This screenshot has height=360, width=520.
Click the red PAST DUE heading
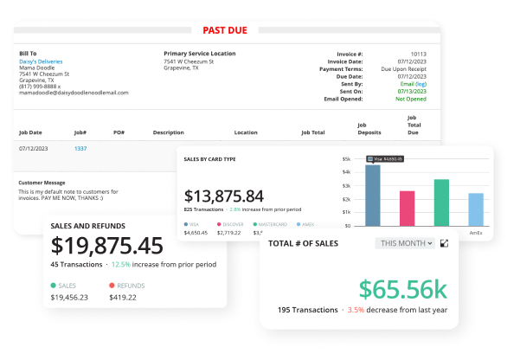coord(224,30)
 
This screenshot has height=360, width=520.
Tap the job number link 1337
coord(80,149)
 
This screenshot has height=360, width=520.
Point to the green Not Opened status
coord(411,99)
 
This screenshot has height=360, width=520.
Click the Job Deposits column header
coord(369,129)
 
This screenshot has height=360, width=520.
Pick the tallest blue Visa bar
coord(373,196)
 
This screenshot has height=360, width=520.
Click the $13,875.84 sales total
coord(224,196)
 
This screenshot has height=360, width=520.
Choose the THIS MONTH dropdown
coord(405,244)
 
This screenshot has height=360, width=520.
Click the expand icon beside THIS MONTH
coord(445,244)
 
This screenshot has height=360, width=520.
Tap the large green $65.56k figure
coord(403,287)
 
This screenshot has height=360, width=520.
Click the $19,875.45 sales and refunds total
coord(107,246)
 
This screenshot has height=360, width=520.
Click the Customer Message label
coord(42,183)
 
